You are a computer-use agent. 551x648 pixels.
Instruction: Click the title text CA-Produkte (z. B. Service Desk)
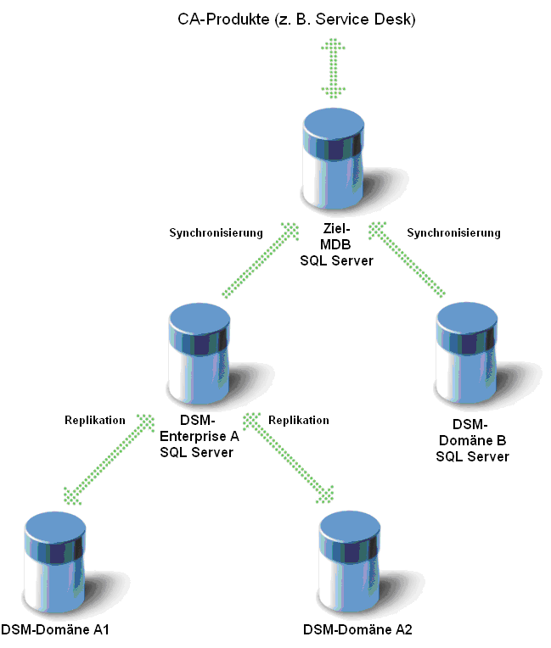pos(295,19)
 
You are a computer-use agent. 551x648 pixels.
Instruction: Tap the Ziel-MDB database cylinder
pos(334,161)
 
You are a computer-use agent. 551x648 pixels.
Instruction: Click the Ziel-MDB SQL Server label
pos(336,244)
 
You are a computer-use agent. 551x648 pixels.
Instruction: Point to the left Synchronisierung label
pos(216,232)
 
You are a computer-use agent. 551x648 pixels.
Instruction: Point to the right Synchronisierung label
pos(454,232)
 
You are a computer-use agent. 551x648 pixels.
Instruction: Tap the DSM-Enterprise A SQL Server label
pos(200,437)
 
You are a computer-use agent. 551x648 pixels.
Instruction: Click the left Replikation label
pos(95,420)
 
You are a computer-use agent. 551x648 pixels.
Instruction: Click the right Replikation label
pos(299,420)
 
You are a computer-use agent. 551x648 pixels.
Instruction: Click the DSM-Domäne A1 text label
pos(54,630)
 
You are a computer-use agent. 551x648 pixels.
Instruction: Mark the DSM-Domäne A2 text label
pos(357,630)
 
